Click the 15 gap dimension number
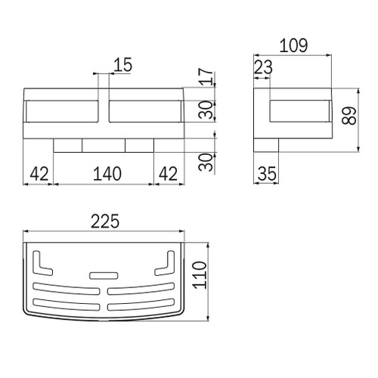[x=122, y=65]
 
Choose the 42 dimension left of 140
[x=39, y=174]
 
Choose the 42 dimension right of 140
[x=168, y=174]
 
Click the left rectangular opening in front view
[x=63, y=110]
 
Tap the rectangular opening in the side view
[x=301, y=110]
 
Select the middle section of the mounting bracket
[x=104, y=144]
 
